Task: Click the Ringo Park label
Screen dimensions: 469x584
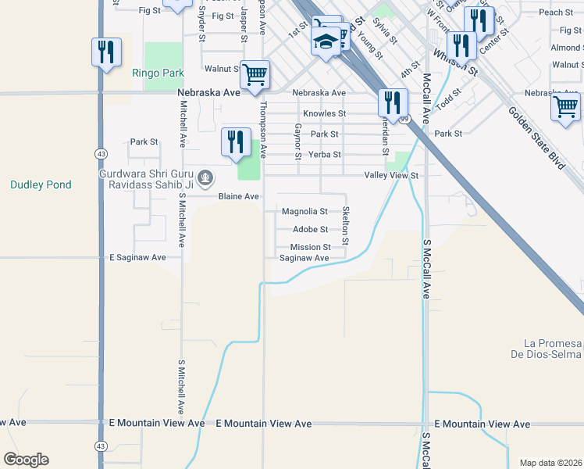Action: [x=158, y=73]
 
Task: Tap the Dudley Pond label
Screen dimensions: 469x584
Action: [x=41, y=185]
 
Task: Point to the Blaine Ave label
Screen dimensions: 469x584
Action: [x=238, y=197]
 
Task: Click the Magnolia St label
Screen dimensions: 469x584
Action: [x=304, y=212]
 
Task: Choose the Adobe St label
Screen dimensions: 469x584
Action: [x=310, y=230]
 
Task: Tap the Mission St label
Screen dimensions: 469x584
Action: [x=311, y=248]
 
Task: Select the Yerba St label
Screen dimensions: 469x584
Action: [x=326, y=155]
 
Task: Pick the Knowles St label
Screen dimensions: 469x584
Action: [x=324, y=114]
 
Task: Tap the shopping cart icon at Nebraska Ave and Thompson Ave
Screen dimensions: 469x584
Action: [x=255, y=75]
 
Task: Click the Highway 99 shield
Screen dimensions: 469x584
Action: [x=404, y=119]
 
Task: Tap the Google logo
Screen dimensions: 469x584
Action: [x=26, y=460]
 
